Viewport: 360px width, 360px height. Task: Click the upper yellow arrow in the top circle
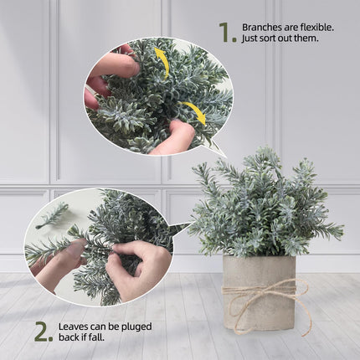[161, 60]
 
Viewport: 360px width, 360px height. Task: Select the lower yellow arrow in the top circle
[193, 113]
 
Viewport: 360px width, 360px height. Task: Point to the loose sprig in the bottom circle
[53, 215]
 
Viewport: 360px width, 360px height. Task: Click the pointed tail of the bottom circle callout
[187, 224]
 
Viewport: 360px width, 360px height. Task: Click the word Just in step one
[250, 39]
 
